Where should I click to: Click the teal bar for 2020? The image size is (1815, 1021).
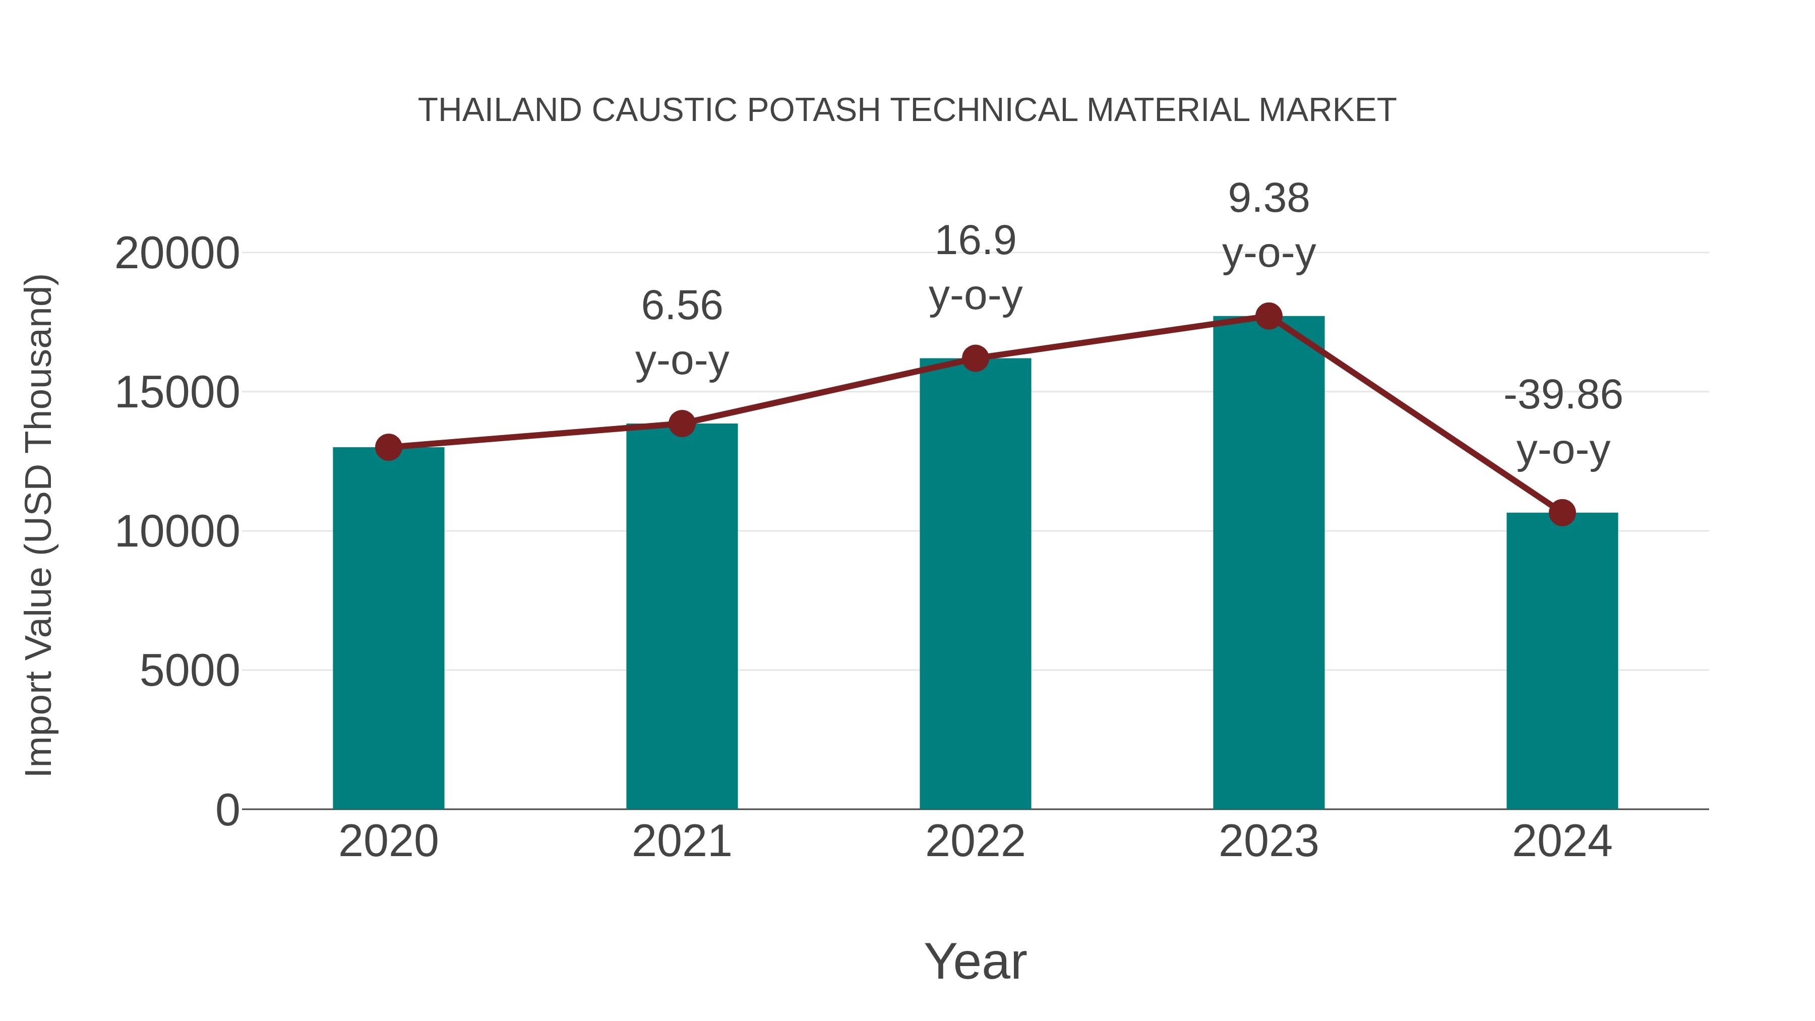click(388, 627)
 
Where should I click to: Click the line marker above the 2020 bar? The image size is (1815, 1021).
click(388, 447)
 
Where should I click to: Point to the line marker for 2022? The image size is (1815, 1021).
click(975, 358)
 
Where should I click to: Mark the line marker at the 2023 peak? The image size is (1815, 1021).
click(1268, 316)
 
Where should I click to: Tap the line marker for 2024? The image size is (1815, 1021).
click(1562, 512)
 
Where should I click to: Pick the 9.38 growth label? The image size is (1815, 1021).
click(1268, 225)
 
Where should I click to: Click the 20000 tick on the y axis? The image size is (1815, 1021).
click(177, 254)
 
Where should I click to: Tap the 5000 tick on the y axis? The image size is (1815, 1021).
click(190, 671)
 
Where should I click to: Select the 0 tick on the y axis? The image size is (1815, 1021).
click(227, 810)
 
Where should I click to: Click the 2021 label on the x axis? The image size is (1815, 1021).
click(681, 842)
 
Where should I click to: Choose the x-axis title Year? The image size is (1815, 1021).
click(975, 961)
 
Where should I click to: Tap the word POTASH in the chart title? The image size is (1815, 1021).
click(813, 110)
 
